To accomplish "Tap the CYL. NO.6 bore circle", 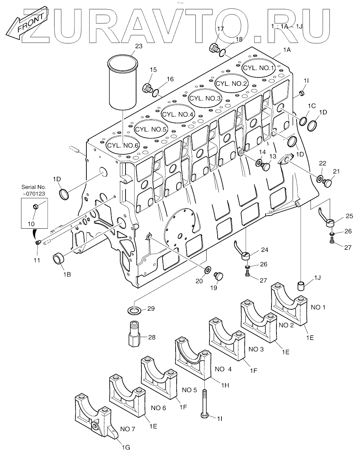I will pyautogui.click(x=123, y=145).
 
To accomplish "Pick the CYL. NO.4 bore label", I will pyautogui.click(x=178, y=114).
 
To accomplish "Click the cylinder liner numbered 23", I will pyautogui.click(x=122, y=83).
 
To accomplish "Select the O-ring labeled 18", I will pyautogui.click(x=222, y=53).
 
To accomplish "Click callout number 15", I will pyautogui.click(x=153, y=70).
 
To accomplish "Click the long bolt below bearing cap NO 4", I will pyautogui.click(x=205, y=402).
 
